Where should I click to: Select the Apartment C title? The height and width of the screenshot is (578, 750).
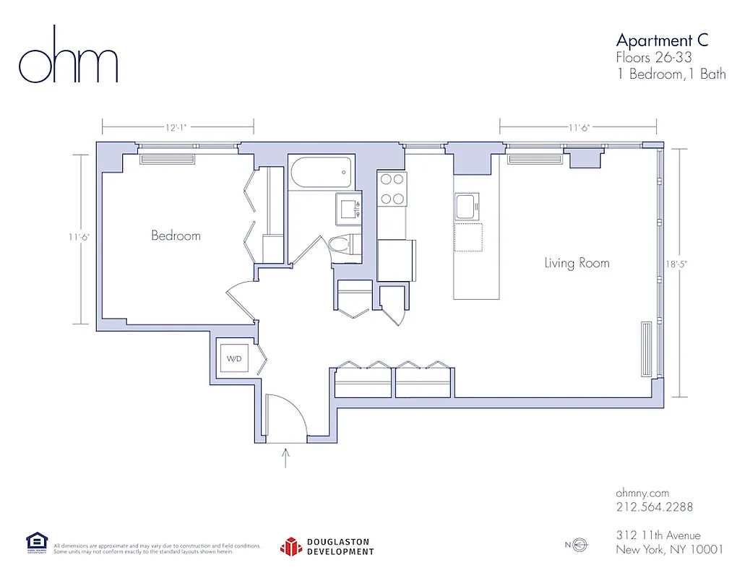tap(662, 40)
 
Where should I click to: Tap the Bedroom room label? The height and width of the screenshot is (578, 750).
tap(176, 236)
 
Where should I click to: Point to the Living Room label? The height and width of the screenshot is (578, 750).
tap(577, 263)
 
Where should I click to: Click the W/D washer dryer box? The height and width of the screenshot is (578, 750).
tap(235, 359)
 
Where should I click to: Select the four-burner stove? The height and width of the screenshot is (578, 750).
tap(392, 189)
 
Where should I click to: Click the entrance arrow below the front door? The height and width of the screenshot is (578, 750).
tap(286, 458)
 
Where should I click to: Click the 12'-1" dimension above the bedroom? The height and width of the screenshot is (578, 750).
tap(176, 128)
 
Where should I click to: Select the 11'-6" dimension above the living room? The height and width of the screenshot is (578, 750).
tap(578, 128)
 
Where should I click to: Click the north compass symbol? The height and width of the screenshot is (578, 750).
tap(578, 545)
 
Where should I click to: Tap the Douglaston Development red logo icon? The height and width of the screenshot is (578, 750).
tap(290, 546)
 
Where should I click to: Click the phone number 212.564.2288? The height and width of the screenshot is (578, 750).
tap(654, 507)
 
